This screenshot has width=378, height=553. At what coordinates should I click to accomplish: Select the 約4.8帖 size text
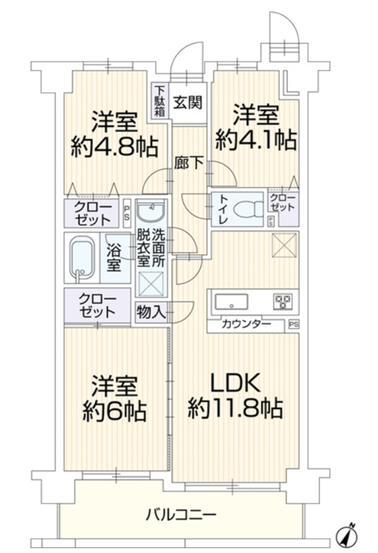(x=114, y=147)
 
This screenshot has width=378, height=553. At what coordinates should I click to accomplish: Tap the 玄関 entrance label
(x=188, y=103)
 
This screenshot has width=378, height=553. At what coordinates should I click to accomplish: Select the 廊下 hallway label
(x=189, y=163)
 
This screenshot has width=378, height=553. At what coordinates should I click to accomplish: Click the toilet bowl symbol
(x=248, y=210)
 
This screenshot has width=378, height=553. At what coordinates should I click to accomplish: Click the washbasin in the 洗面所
(x=151, y=211)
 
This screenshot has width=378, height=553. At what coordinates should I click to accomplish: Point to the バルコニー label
(x=180, y=515)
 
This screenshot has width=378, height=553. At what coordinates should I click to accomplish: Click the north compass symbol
(x=348, y=537)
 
